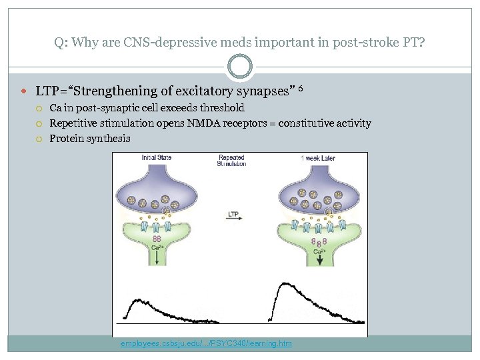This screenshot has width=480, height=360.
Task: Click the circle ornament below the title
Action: (239, 67)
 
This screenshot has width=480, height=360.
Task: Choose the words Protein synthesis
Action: (90, 139)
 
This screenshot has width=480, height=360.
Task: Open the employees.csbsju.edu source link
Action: (206, 343)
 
